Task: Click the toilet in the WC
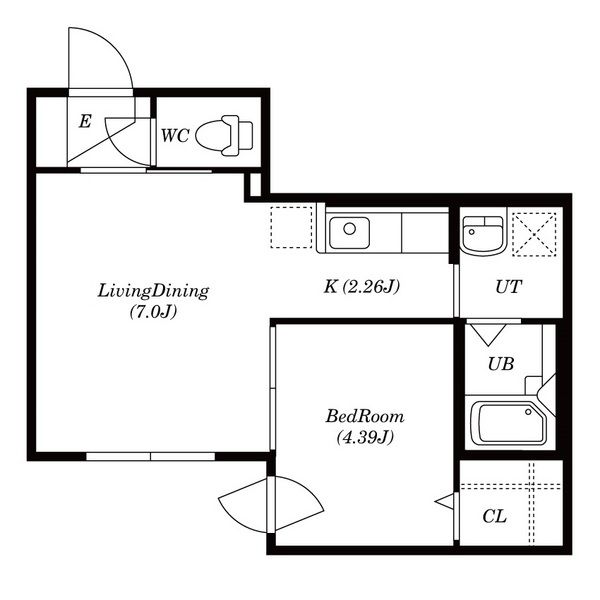point(224,135)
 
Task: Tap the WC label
point(175,136)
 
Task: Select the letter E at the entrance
point(85,122)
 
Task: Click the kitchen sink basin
point(349,233)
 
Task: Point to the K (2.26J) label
point(362,286)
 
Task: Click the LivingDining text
point(153,292)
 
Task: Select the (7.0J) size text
point(153,311)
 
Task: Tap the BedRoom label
point(365,416)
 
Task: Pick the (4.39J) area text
point(365,437)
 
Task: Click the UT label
point(509,287)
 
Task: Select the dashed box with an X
point(534,234)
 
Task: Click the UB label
point(501,364)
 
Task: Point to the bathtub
point(509,423)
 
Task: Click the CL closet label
point(495,516)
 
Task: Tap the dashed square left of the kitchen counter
point(292,227)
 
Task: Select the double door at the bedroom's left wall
point(271,504)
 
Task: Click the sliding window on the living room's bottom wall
point(150,456)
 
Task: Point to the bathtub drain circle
point(528,412)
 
